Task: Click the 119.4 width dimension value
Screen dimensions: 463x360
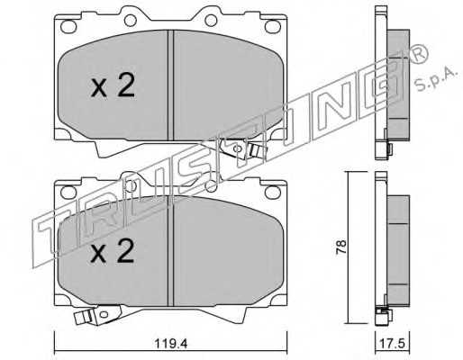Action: (x=171, y=344)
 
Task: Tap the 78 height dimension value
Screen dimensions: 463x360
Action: (x=341, y=247)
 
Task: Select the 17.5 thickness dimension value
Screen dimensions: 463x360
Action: (x=393, y=344)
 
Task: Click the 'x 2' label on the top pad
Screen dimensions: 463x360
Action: (x=113, y=85)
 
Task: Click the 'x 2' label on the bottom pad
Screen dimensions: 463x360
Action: (x=113, y=251)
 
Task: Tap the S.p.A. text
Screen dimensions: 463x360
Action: (x=436, y=78)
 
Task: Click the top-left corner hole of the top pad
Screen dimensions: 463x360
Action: (x=68, y=26)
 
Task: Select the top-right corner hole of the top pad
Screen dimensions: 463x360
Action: (x=273, y=26)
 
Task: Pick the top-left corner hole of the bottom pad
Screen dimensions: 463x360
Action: (x=68, y=192)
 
